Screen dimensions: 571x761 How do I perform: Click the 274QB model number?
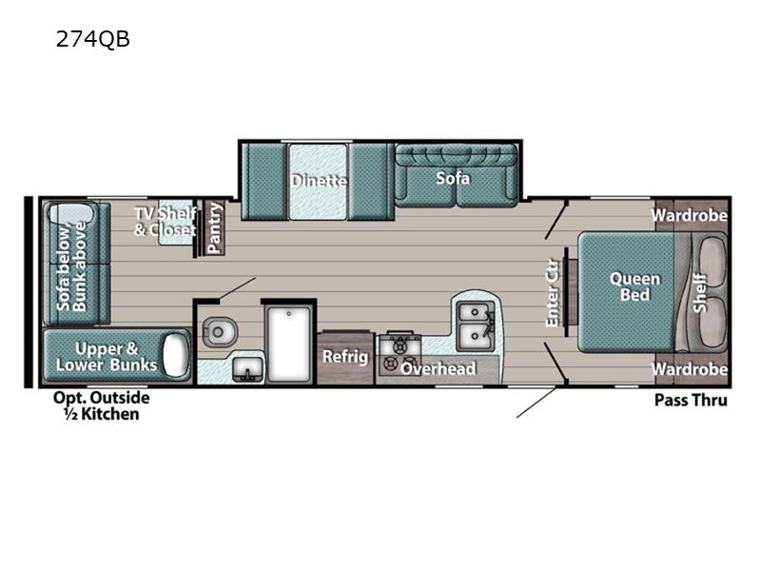92,40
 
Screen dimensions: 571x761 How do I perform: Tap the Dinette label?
320,180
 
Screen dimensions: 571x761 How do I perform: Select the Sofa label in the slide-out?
453,178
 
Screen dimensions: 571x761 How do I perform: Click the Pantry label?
215,228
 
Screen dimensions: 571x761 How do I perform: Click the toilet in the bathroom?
220,331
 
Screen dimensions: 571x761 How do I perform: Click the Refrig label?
344,357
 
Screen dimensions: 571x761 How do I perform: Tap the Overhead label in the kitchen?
438,368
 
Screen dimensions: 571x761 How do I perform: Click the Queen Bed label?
634,285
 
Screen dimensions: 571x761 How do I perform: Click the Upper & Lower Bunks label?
105,356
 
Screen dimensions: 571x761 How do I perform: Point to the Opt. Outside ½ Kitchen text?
101,405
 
